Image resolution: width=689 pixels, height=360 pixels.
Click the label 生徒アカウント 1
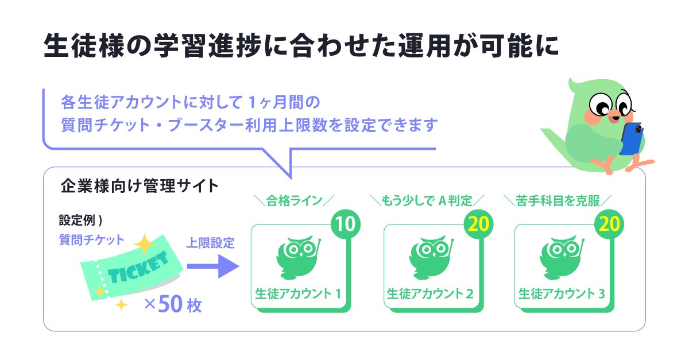(298, 294)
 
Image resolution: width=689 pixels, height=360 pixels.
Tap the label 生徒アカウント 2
(429, 294)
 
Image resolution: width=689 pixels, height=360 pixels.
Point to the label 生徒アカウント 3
(561, 294)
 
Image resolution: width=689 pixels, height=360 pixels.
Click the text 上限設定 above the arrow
(210, 243)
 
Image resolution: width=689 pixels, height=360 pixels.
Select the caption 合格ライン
(293, 200)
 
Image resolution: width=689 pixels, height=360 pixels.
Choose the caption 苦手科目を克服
(558, 200)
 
